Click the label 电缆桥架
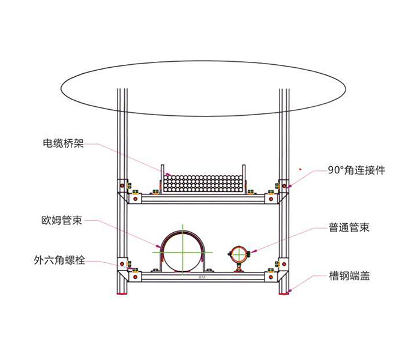pyautogui.click(x=63, y=143)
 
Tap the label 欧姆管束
pyautogui.click(x=62, y=220)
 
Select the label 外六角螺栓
pyautogui.click(x=59, y=260)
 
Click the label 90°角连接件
pyautogui.click(x=356, y=170)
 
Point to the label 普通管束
pyautogui.click(x=349, y=227)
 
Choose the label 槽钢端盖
pyautogui.click(x=350, y=275)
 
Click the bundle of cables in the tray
pyautogui.click(x=203, y=184)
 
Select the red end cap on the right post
pyautogui.click(x=284, y=294)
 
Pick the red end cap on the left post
pyautogui.click(x=122, y=294)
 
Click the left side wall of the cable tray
pyautogui.click(x=162, y=179)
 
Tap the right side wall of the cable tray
pyautogui.click(x=244, y=179)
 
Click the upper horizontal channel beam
pyautogui.click(x=203, y=199)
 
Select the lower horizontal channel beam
pyautogui.click(x=203, y=277)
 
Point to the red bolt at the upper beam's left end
pyautogui.click(x=135, y=199)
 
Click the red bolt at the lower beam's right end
pyautogui.click(x=271, y=277)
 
